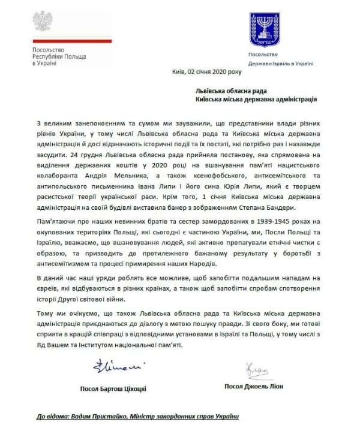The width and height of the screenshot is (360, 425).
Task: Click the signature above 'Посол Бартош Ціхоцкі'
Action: pos(110,366)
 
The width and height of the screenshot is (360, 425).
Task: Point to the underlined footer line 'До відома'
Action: pos(144,415)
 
